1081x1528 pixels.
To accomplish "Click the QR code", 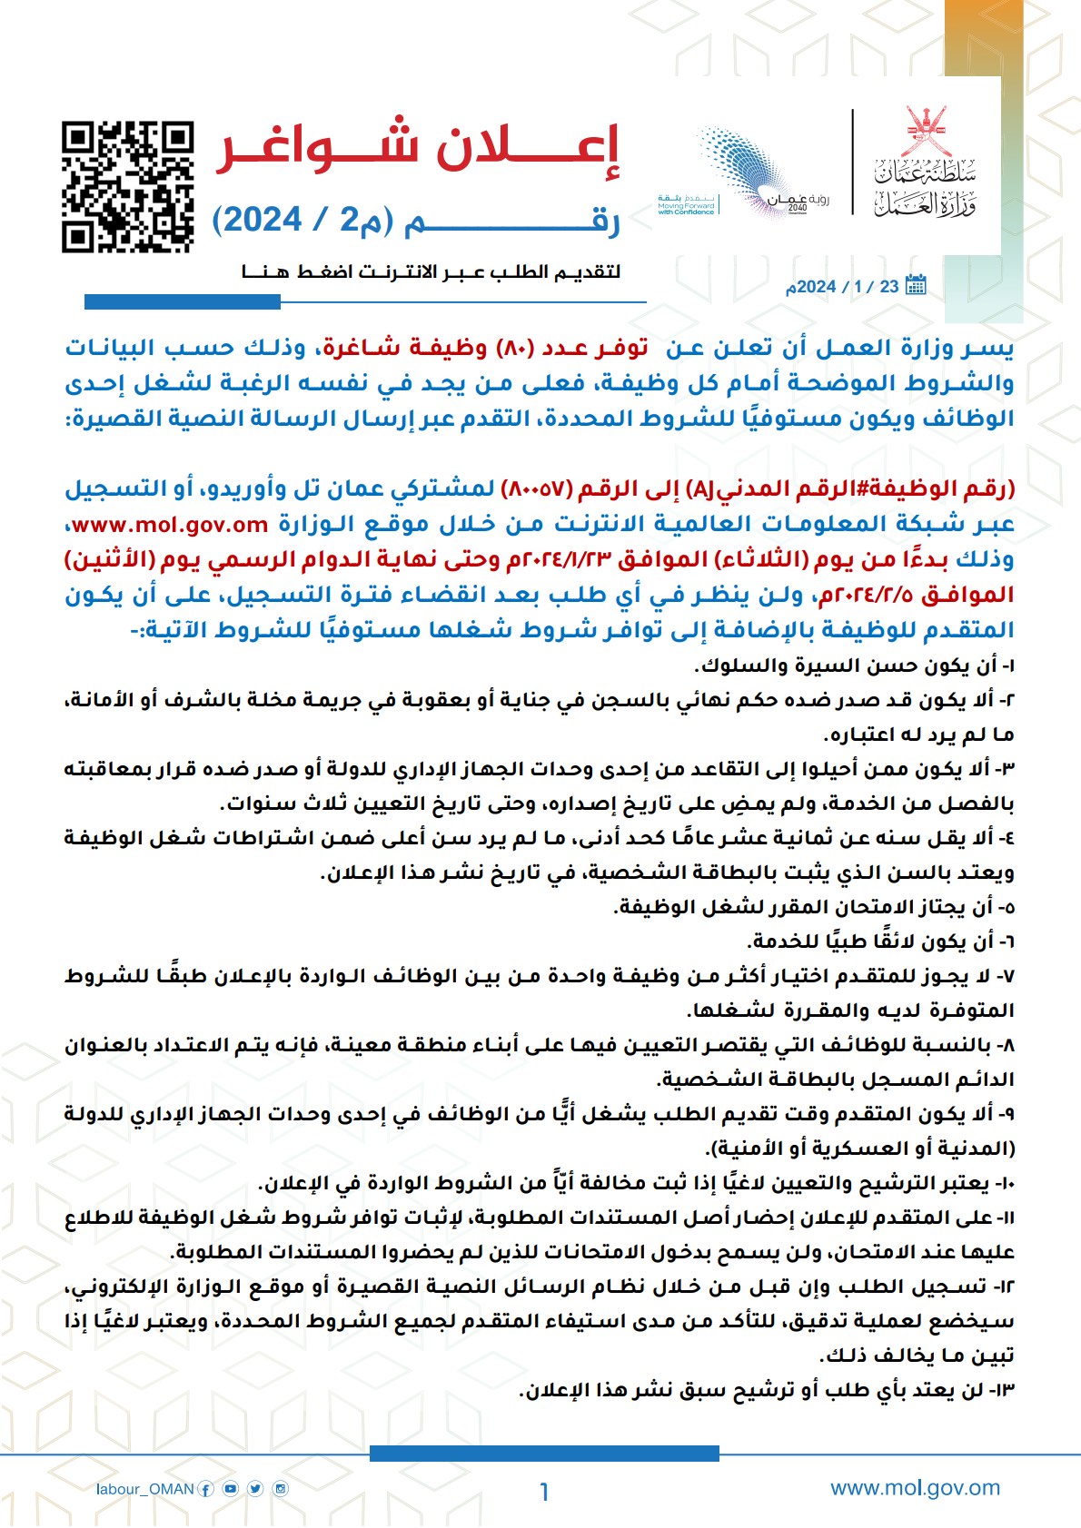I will [128, 186].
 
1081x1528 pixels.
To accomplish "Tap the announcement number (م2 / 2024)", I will [309, 221].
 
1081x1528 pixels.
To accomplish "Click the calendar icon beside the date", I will [916, 285].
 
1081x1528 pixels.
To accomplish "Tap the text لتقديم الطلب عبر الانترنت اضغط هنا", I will [431, 271].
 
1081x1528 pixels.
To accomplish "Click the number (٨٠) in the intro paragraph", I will [515, 348].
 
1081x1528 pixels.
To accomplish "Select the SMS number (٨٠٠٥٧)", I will [536, 489].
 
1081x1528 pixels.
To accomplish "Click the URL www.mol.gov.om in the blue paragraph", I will [170, 525].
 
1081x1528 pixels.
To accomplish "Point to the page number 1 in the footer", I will [543, 1492].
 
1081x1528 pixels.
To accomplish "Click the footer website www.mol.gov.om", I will [915, 1488].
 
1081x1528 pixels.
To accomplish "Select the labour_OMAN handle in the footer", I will [145, 1489].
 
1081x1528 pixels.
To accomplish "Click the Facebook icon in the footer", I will [206, 1489].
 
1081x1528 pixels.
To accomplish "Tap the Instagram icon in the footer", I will [281, 1488].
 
